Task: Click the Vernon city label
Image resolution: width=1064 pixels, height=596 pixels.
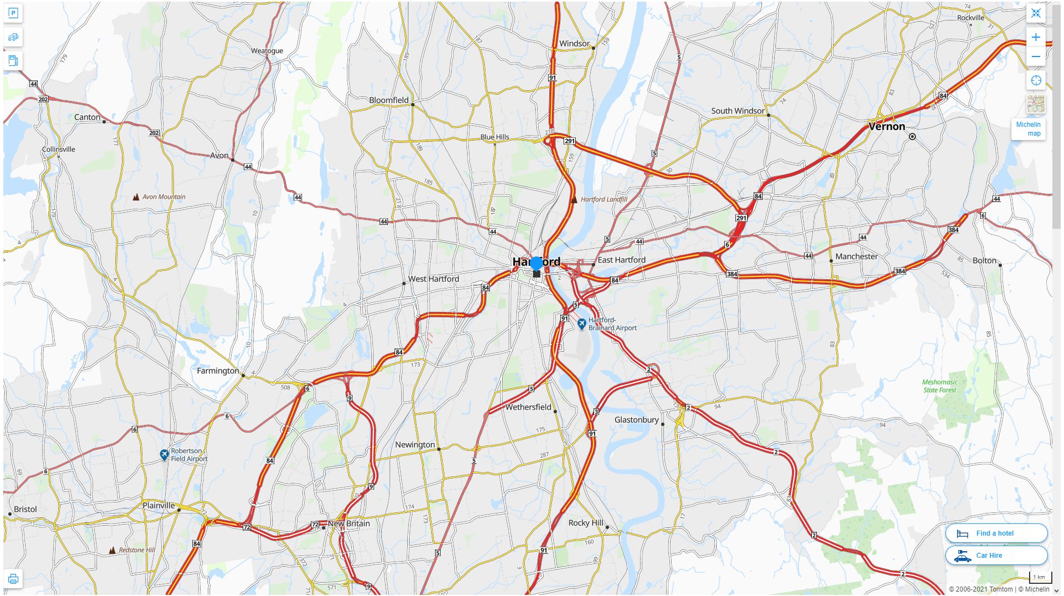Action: tap(887, 126)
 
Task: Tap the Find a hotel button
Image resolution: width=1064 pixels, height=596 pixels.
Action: tap(996, 533)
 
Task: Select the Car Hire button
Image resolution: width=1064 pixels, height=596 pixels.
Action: tap(996, 555)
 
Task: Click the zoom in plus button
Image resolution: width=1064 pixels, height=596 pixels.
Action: tap(1035, 38)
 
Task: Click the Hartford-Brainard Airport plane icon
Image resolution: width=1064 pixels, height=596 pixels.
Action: tap(581, 323)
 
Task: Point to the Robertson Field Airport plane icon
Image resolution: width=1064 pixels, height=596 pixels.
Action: tap(164, 455)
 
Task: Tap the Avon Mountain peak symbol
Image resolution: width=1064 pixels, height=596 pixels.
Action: tap(136, 197)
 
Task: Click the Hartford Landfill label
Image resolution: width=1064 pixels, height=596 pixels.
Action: tap(603, 199)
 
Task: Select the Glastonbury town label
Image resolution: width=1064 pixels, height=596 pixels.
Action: tap(636, 420)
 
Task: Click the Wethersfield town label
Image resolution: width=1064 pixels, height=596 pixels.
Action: tap(528, 407)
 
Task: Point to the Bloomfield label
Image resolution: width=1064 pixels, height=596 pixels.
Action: tap(388, 100)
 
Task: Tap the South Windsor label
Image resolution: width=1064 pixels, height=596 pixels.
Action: tap(738, 111)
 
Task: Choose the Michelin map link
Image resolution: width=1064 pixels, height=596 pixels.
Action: tap(1028, 129)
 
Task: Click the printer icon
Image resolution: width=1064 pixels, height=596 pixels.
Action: tap(13, 579)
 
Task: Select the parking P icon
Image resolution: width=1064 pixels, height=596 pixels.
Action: tap(13, 13)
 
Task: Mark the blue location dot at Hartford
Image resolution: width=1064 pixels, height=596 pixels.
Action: tap(536, 263)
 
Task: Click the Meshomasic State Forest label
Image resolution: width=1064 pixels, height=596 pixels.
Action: tap(939, 386)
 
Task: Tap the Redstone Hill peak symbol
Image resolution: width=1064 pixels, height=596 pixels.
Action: tap(112, 550)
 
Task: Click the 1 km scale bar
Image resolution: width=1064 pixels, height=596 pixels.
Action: tap(1039, 578)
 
